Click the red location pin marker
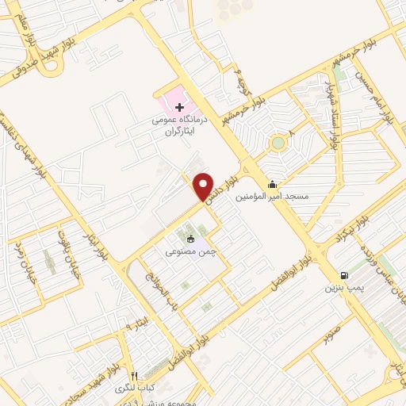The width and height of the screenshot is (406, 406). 204,186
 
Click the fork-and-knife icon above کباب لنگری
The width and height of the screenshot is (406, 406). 134,375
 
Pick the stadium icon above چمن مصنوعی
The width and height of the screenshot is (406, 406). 190,239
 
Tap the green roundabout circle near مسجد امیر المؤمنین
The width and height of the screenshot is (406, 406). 278,144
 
